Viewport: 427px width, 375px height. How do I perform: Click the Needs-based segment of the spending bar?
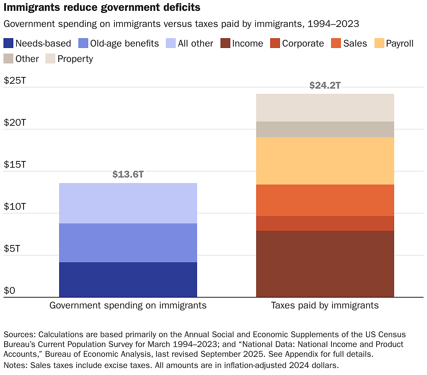point(128,279)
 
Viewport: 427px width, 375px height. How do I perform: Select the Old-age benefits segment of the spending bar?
point(128,243)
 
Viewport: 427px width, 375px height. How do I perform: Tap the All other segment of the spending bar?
point(128,203)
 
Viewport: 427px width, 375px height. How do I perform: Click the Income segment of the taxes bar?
point(325,264)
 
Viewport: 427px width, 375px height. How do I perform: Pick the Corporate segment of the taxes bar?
point(325,223)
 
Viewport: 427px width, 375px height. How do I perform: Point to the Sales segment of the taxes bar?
point(325,200)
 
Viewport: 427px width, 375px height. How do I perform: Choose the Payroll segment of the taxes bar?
point(325,161)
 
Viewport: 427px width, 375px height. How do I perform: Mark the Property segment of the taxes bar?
point(325,107)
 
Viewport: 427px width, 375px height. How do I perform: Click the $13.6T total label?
point(128,174)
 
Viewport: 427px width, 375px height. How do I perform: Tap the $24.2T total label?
point(325,85)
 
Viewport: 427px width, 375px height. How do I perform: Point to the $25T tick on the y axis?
point(15,81)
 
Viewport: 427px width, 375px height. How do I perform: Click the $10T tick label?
point(15,207)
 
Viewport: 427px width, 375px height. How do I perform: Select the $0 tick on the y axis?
point(9,291)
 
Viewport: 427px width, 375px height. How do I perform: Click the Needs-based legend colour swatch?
point(8,43)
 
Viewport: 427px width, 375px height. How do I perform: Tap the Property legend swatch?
point(50,59)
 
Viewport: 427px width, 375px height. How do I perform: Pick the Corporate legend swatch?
point(275,43)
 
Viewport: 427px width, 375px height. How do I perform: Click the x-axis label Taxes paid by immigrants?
point(325,305)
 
